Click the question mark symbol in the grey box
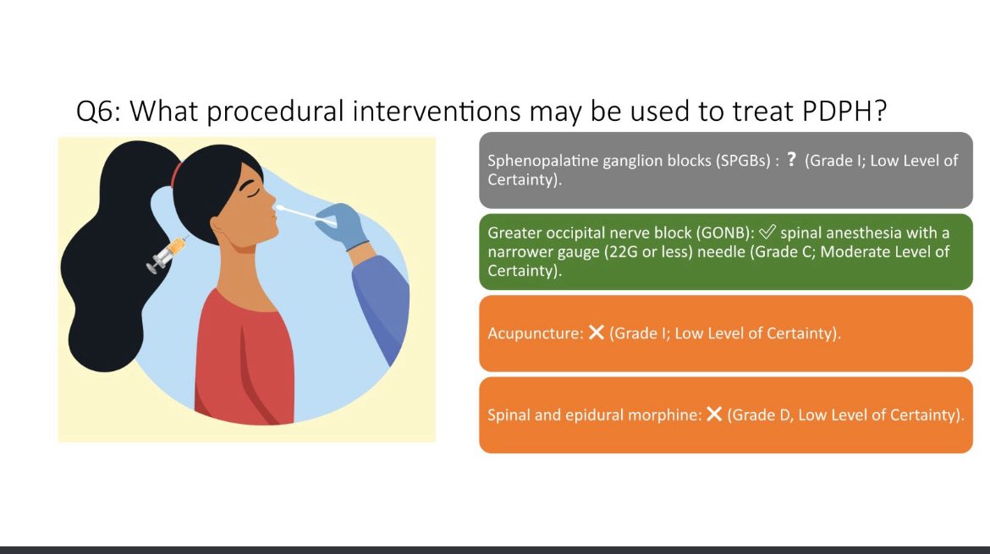(x=791, y=160)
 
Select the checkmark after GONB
(x=768, y=233)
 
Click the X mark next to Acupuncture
(x=596, y=333)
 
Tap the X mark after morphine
(x=714, y=414)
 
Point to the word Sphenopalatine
(x=539, y=161)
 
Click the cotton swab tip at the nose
(x=281, y=206)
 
